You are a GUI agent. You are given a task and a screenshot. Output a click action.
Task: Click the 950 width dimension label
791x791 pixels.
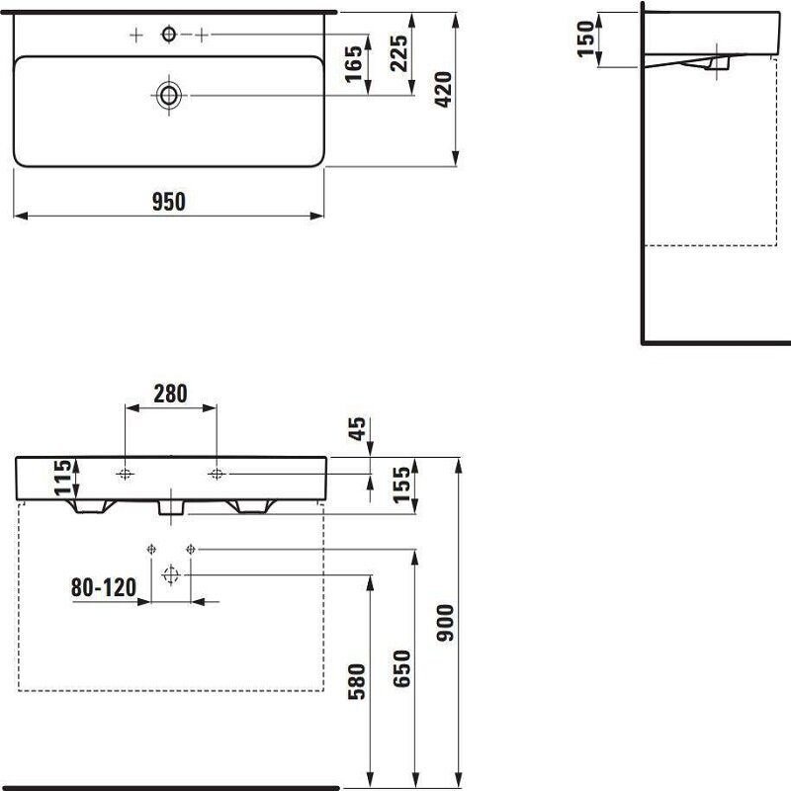(169, 202)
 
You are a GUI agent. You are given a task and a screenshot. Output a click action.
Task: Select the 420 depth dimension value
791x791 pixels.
(443, 89)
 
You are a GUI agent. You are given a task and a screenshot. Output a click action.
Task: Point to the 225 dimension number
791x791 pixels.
(399, 53)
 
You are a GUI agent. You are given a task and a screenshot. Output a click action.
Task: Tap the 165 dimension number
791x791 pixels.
(354, 63)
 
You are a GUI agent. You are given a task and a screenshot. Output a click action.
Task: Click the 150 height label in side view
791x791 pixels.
(586, 39)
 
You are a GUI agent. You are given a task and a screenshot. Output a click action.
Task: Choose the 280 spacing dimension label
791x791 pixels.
(170, 394)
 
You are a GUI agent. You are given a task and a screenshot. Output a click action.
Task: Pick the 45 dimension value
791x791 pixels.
(357, 429)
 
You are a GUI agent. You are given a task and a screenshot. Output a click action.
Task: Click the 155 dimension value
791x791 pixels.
(402, 484)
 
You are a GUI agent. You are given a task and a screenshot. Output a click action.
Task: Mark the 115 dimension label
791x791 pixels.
(63, 478)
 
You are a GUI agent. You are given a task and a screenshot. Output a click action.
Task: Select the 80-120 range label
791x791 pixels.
(104, 587)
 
